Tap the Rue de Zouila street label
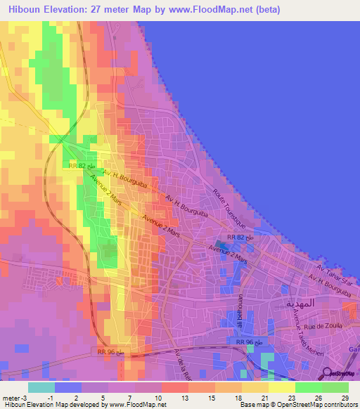click(323, 325)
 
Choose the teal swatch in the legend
click(41, 387)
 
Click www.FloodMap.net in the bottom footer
click(141, 405)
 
